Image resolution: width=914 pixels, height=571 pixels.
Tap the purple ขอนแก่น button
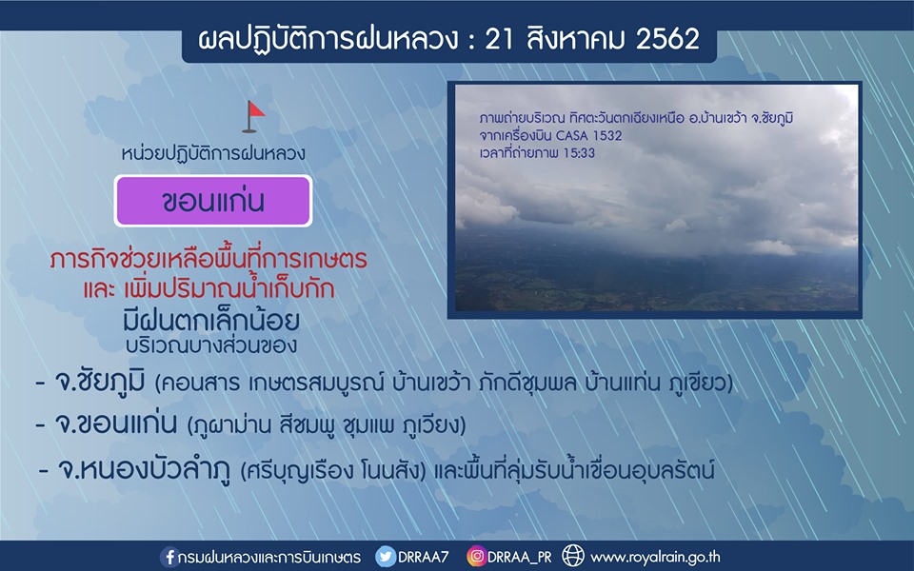pyautogui.click(x=213, y=201)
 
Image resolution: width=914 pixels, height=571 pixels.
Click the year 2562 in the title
pyautogui.click(x=667, y=40)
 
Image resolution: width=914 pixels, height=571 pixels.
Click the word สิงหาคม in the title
pyautogui.click(x=575, y=38)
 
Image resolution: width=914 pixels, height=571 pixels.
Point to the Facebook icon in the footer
pyautogui.click(x=169, y=557)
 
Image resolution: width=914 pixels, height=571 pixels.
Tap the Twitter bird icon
pyautogui.click(x=386, y=557)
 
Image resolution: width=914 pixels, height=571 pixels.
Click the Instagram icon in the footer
pyautogui.click(x=476, y=557)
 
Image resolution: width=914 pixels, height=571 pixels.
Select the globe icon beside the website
pyautogui.click(x=573, y=557)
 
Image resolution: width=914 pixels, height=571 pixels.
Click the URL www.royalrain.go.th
pyautogui.click(x=655, y=558)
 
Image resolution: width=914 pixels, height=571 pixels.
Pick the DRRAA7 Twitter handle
pyautogui.click(x=423, y=557)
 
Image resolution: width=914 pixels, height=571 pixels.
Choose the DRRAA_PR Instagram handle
pyautogui.click(x=520, y=558)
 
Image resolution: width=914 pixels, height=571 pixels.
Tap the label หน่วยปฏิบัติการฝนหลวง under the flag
pyautogui.click(x=213, y=153)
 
